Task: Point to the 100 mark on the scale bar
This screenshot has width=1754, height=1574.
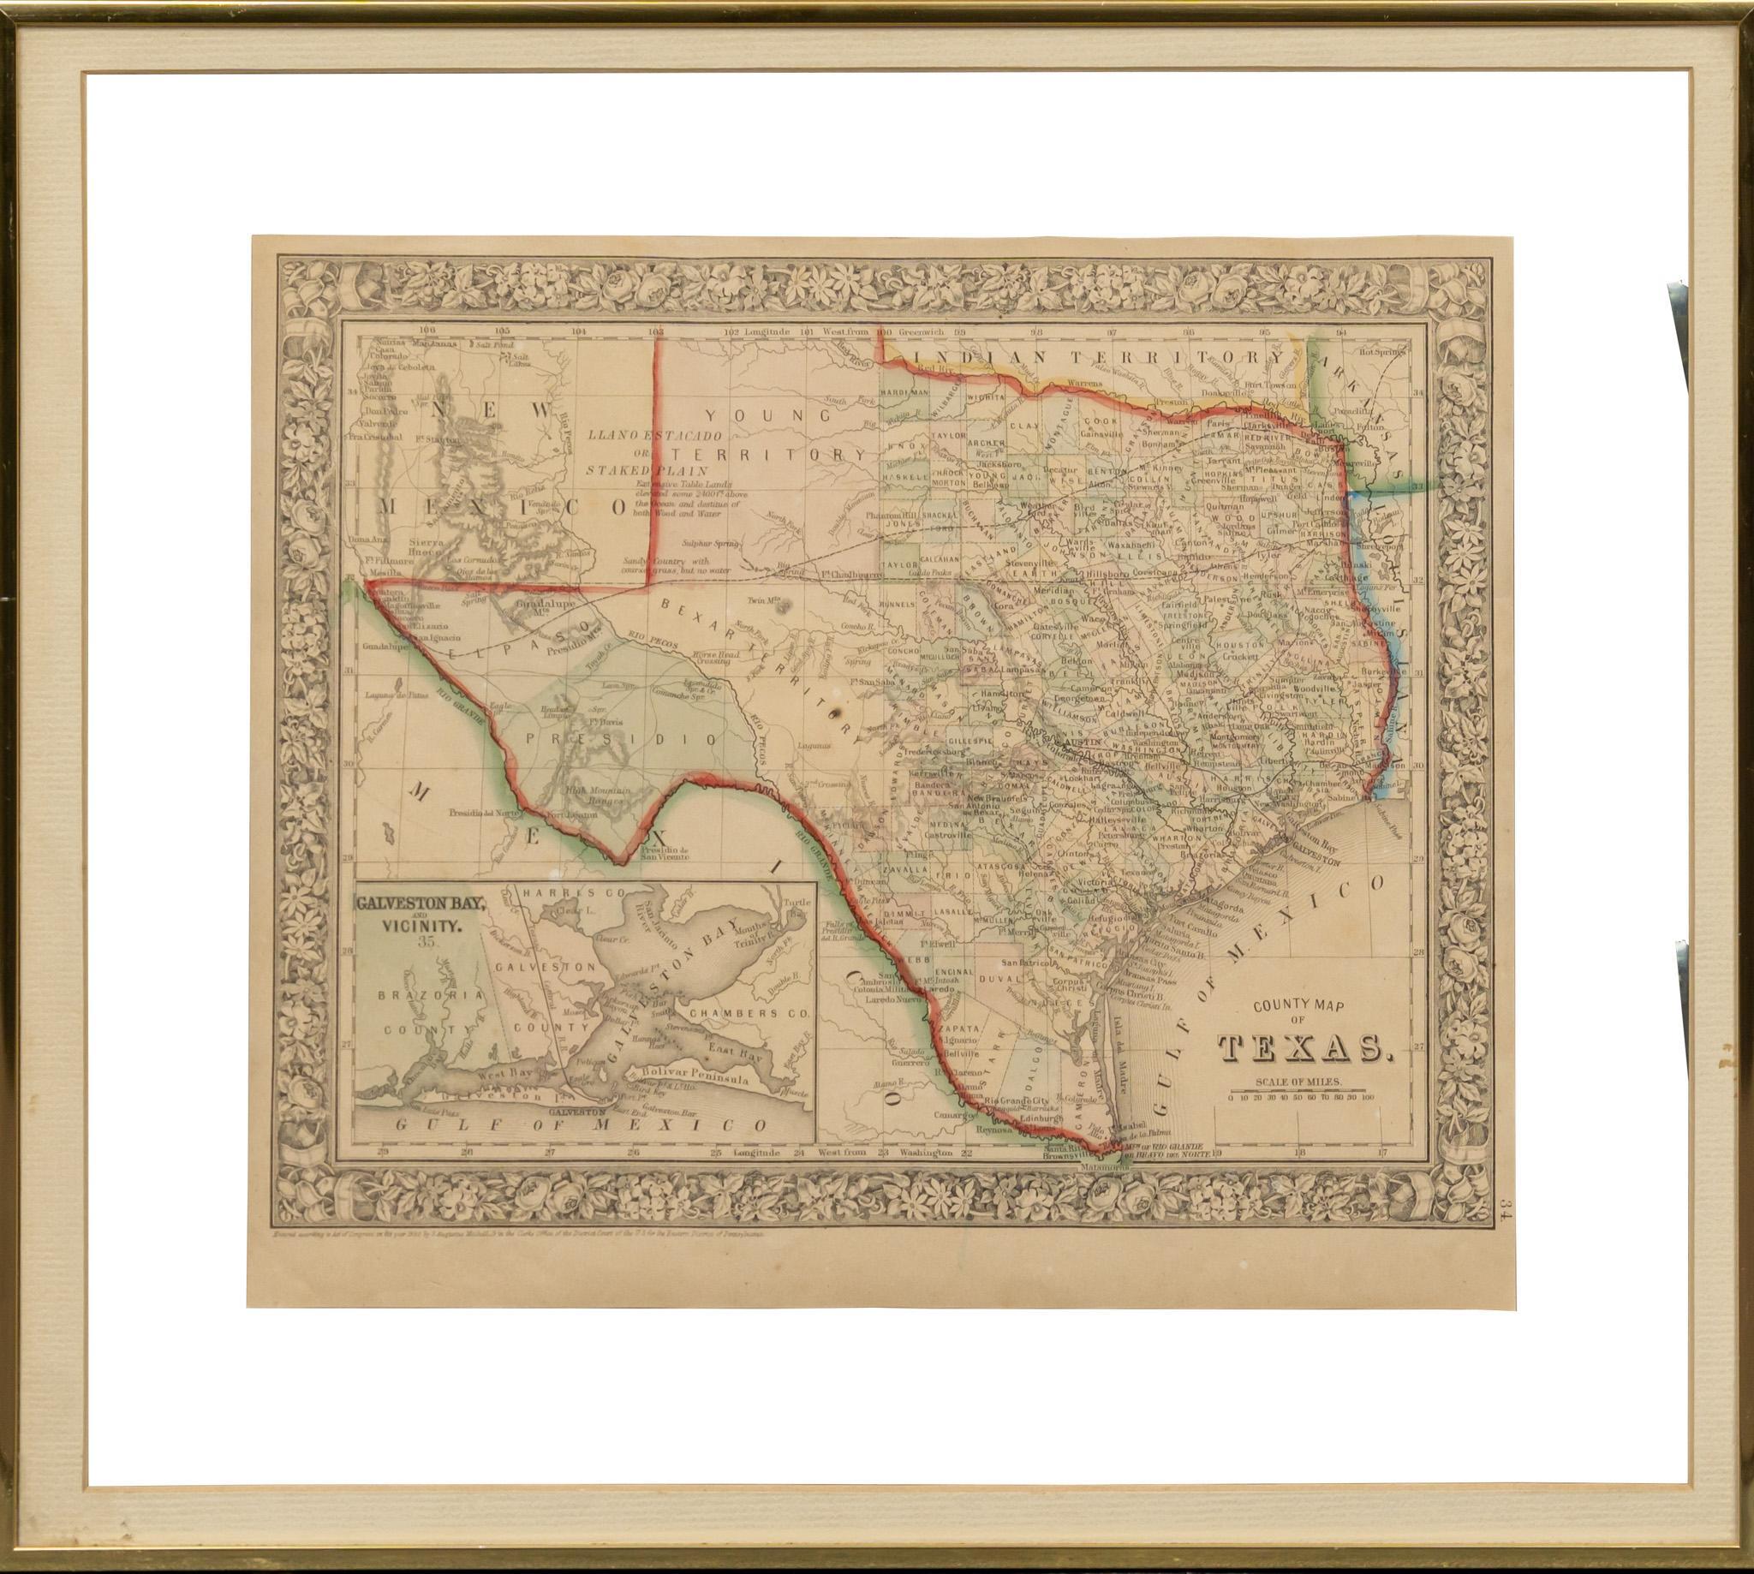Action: pyautogui.click(x=1368, y=1099)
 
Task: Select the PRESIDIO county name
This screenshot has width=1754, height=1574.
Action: pyautogui.click(x=621, y=740)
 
